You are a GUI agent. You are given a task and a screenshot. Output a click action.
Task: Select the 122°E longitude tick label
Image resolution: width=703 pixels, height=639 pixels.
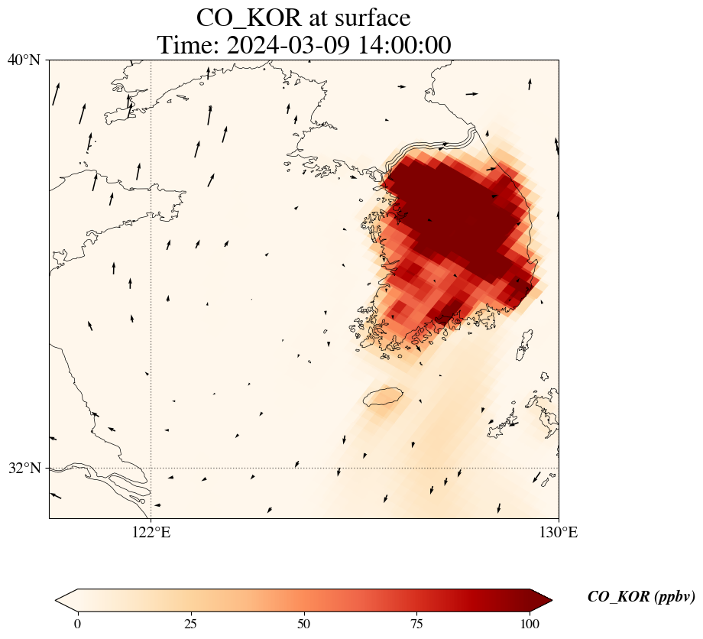[151, 532]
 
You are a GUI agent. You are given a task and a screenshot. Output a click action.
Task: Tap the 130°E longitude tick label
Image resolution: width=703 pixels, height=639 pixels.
[559, 532]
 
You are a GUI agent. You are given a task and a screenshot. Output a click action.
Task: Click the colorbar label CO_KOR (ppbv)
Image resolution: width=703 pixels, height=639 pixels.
[641, 597]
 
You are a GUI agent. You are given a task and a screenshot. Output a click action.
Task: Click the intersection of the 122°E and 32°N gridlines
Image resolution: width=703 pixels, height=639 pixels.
[151, 468]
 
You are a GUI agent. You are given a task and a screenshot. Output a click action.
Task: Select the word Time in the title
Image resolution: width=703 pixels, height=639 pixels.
[186, 45]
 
